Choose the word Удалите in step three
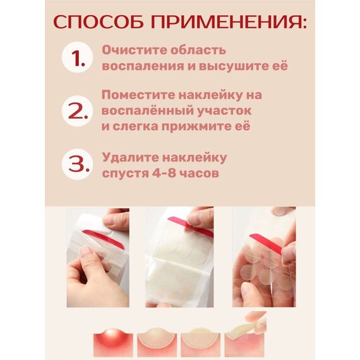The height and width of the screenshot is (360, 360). [x=126, y=157]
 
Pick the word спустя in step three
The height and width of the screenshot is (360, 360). [x=126, y=172]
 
